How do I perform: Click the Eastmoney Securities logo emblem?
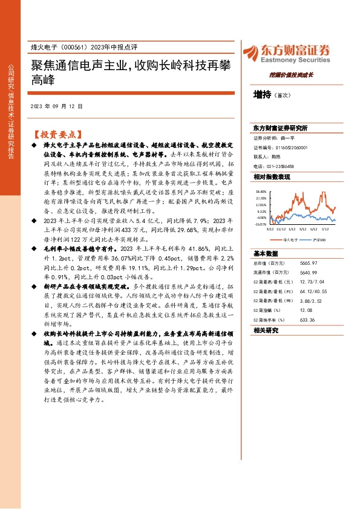pyautogui.click(x=249, y=52)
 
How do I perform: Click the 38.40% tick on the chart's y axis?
pyautogui.click(x=261, y=190)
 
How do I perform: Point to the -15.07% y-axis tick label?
pyautogui.click(x=260, y=224)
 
